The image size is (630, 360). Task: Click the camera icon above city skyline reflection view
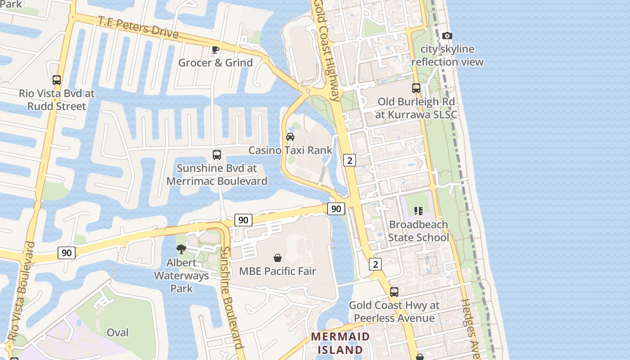coord(447,36)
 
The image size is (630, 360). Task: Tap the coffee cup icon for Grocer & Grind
coord(216,49)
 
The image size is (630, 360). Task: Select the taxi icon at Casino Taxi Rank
coord(290,137)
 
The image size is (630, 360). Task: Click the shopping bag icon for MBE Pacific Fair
coord(278,258)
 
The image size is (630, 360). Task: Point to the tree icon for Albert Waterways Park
coord(181,249)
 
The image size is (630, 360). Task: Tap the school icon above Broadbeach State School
coord(418,211)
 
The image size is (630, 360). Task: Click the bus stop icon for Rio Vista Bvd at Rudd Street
coord(57,80)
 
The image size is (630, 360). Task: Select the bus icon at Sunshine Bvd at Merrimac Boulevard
coord(217,155)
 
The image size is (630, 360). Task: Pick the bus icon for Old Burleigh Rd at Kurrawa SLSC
coord(416,88)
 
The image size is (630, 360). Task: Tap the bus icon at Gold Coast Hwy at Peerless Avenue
coord(394,292)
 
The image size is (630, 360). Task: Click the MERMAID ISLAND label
coord(340,343)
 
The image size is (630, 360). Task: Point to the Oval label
coord(117,333)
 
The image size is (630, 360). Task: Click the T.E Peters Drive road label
coord(138,27)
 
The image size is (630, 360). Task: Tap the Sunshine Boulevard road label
coord(232,297)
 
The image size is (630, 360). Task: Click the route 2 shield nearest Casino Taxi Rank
coord(350,160)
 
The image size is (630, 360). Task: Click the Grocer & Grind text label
coord(216,63)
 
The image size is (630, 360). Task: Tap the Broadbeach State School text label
coord(418,231)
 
